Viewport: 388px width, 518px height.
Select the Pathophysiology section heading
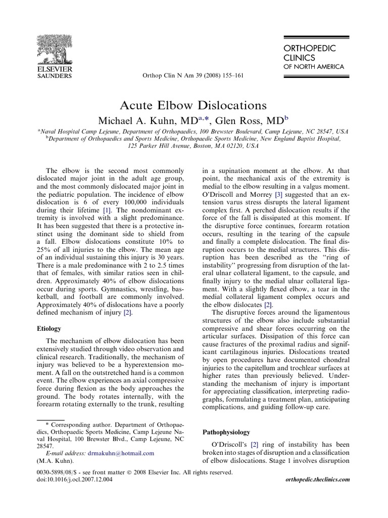(226, 432)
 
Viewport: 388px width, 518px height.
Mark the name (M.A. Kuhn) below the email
(54, 461)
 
